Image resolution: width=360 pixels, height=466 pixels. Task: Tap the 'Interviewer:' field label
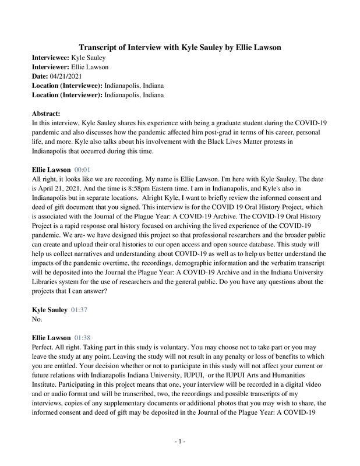(50, 68)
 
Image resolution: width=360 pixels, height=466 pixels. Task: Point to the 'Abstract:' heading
(45, 114)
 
